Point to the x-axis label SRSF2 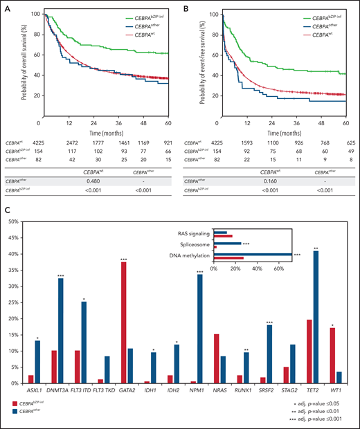coord(264,390)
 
